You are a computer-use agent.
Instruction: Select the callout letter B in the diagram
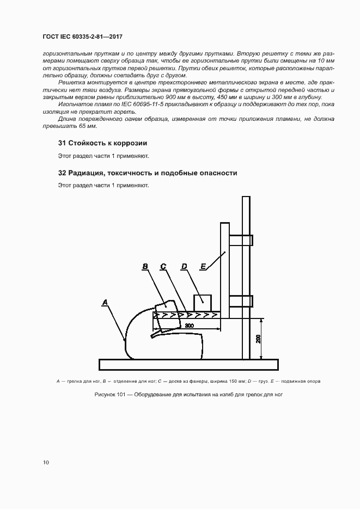[145, 267]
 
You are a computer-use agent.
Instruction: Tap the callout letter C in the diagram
[163, 267]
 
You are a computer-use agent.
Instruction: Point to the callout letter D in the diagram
[184, 267]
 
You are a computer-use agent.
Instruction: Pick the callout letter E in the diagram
[203, 267]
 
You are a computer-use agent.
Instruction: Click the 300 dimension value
[190, 325]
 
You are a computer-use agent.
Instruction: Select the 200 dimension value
[258, 339]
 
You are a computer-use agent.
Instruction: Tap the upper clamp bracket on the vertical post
[241, 240]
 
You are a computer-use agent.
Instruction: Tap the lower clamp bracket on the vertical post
[241, 301]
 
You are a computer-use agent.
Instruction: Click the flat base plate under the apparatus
[188, 364]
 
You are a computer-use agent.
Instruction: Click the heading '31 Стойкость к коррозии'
[103, 143]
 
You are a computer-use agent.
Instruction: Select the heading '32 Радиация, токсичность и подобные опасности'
[148, 173]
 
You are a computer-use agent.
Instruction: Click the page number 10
[45, 462]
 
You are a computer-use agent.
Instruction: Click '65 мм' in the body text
[87, 126]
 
